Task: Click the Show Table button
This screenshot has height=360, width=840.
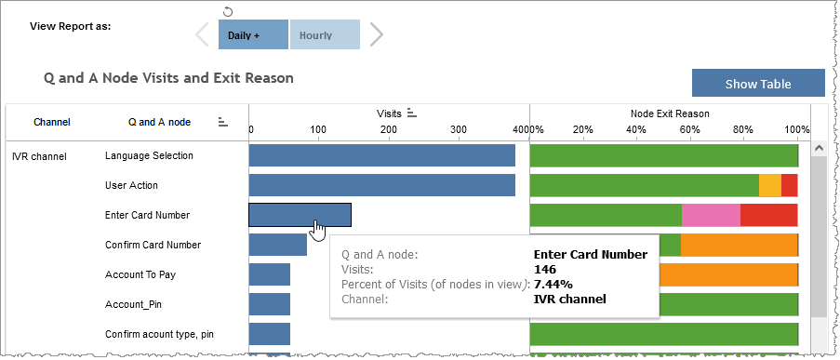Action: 758,84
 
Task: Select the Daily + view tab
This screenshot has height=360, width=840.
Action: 253,35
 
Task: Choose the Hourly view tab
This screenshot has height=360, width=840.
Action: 325,35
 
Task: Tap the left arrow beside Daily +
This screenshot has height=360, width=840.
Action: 203,35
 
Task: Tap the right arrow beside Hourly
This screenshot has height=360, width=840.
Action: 376,35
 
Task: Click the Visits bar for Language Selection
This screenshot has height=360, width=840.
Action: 381,155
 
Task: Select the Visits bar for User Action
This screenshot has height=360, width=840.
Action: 381,185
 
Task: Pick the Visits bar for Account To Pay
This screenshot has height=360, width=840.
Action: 270,274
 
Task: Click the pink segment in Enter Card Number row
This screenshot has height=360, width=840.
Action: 711,215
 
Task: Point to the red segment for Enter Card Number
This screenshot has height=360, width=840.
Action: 769,215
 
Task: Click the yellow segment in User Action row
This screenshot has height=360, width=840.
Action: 770,185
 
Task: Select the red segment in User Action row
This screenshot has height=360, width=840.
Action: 790,185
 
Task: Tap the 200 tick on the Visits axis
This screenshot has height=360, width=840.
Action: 388,128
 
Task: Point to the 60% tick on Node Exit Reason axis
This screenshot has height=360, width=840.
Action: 689,128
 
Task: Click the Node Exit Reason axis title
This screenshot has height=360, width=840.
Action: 670,113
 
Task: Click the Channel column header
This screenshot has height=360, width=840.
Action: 52,122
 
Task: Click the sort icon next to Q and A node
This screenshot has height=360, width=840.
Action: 223,122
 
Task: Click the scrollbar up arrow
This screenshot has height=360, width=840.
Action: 819,147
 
